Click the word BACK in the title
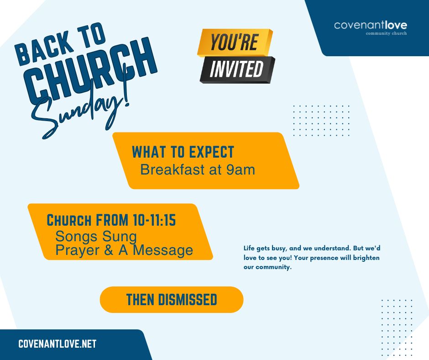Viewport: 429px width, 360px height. point(44,49)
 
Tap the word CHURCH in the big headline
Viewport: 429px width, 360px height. point(90,73)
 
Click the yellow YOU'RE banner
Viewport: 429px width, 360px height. point(235,42)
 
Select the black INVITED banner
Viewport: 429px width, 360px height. point(237,69)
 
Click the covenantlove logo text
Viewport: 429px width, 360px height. point(371,26)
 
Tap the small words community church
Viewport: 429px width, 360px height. point(386,33)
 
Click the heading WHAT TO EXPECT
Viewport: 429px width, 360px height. point(183,152)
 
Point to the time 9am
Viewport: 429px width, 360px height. point(241,170)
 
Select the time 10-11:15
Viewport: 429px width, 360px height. point(154,220)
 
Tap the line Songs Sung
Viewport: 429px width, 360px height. point(96,237)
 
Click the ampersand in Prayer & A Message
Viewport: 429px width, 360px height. point(109,250)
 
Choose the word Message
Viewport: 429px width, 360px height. point(163,250)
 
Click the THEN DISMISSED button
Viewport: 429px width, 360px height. point(172,299)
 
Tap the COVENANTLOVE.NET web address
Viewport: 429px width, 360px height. point(58,344)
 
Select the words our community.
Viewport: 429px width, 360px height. point(267,267)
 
